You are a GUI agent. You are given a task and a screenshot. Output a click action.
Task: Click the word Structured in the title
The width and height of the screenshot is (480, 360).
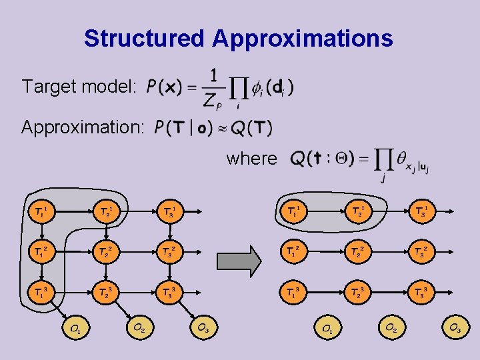coord(145,39)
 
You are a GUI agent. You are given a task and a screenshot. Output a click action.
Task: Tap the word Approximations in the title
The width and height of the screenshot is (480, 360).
coord(303,39)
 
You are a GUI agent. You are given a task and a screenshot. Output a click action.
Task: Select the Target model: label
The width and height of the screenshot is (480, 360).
coord(79,87)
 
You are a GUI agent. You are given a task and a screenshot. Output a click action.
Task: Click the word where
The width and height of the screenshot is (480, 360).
coord(252,159)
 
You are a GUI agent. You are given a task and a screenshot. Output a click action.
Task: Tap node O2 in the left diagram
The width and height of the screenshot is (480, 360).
coord(139,327)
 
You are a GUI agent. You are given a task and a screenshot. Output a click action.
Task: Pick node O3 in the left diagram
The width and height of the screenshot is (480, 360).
coord(203,327)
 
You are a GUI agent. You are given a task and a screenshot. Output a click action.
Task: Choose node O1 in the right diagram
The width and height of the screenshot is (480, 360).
coord(327,328)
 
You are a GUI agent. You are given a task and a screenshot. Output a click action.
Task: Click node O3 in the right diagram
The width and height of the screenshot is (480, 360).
coord(455,328)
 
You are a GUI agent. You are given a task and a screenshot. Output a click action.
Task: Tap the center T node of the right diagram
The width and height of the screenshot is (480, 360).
coord(359,251)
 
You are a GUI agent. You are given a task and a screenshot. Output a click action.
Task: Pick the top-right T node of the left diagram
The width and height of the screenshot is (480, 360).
coord(171,212)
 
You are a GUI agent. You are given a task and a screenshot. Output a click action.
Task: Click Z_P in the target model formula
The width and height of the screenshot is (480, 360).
coord(212,101)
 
